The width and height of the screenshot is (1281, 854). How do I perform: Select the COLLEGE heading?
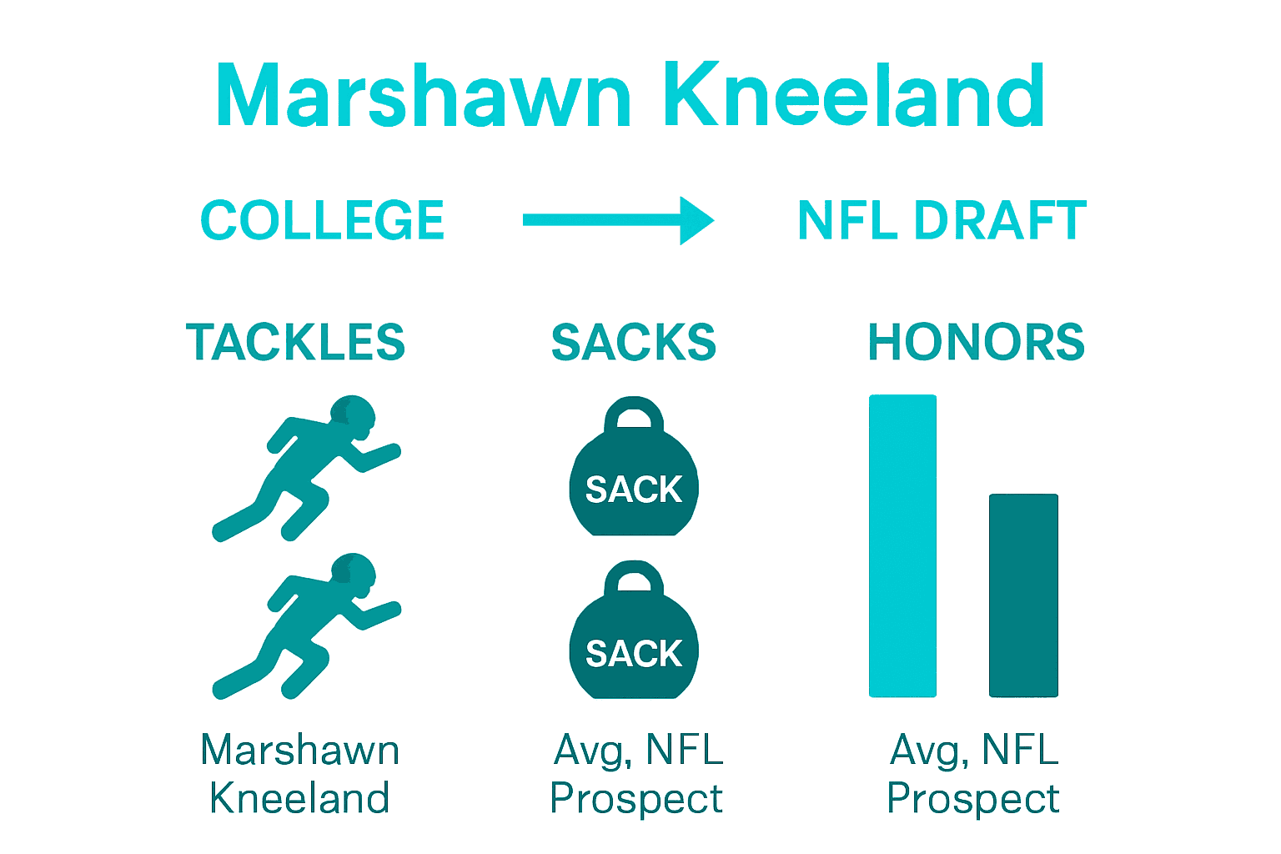pos(322,221)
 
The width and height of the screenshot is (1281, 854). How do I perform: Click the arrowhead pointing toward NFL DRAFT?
pos(696,220)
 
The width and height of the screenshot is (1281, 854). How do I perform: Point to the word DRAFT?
pos(1000,221)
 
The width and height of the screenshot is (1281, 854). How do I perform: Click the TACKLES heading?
pos(295,343)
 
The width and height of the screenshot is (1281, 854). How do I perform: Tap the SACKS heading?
pos(634,343)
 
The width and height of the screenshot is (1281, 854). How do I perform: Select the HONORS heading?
pos(976,343)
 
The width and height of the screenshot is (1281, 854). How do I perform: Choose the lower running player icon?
pos(304,625)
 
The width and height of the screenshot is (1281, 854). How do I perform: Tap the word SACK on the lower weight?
pos(634,654)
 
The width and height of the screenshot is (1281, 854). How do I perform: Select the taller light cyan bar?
pos(902,546)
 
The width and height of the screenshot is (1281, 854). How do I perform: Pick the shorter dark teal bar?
pos(1023,595)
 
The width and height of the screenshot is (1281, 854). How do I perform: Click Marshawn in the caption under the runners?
pos(300,750)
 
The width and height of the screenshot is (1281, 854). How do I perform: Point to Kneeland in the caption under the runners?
pos(300,798)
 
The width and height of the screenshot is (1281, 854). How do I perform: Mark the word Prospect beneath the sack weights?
pos(636,799)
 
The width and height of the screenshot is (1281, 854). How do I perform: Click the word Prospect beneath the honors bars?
pos(972,799)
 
